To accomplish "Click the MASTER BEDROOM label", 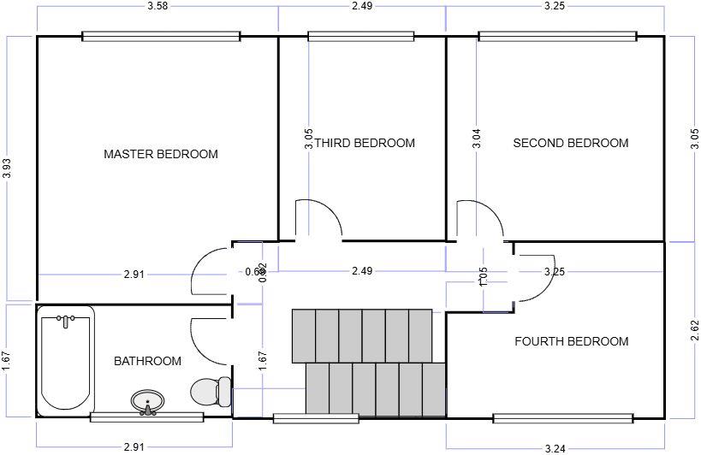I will [161, 155].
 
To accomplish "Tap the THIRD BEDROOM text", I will [365, 143].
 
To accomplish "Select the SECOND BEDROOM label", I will [571, 143].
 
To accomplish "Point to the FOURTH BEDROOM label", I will [571, 341].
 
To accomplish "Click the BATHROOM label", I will [147, 361].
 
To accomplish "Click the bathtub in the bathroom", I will [67, 359].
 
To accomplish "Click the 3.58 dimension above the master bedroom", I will [157, 7].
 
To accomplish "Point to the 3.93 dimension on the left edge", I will [8, 168].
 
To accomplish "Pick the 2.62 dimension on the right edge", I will [694, 330].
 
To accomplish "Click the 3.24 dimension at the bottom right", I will [555, 447].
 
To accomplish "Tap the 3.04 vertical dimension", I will [477, 139].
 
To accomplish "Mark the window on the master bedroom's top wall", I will [161, 36].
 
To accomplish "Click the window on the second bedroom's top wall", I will [557, 36].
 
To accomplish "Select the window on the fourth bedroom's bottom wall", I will [562, 418].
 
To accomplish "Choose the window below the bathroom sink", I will [146, 417].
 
